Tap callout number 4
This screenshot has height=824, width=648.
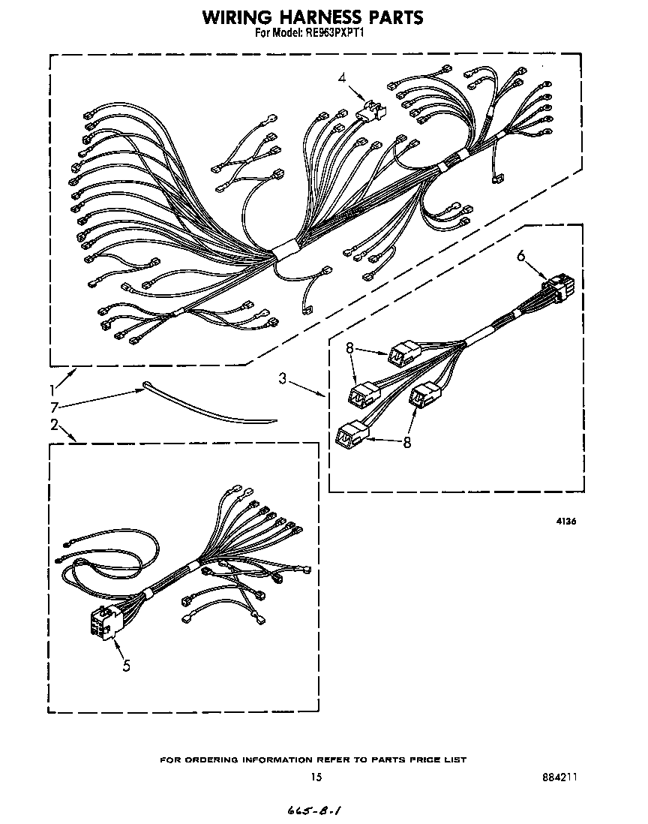(x=342, y=78)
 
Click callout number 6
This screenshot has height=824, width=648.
(x=521, y=255)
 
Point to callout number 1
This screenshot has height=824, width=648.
(x=52, y=390)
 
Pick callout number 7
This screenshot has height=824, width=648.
(x=53, y=407)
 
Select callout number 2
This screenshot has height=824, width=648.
(x=54, y=424)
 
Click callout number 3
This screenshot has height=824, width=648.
(x=283, y=377)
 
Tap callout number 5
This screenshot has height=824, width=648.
(x=127, y=666)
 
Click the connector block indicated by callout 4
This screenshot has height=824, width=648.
(x=370, y=112)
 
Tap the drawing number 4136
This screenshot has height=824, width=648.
(x=566, y=522)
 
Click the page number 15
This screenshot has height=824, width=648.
(x=316, y=777)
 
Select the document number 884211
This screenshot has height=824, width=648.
(x=559, y=777)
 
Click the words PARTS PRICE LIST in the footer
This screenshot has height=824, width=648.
(x=419, y=759)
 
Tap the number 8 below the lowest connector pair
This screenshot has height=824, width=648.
(x=406, y=443)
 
